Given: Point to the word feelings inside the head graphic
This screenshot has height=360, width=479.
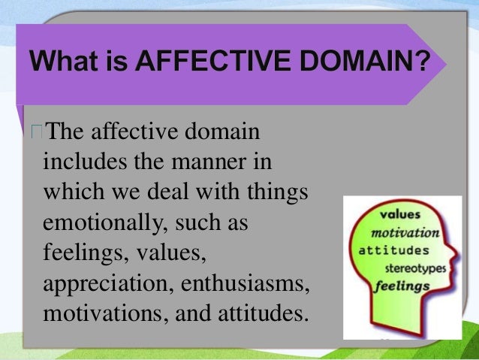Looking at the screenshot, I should pos(403,286).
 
